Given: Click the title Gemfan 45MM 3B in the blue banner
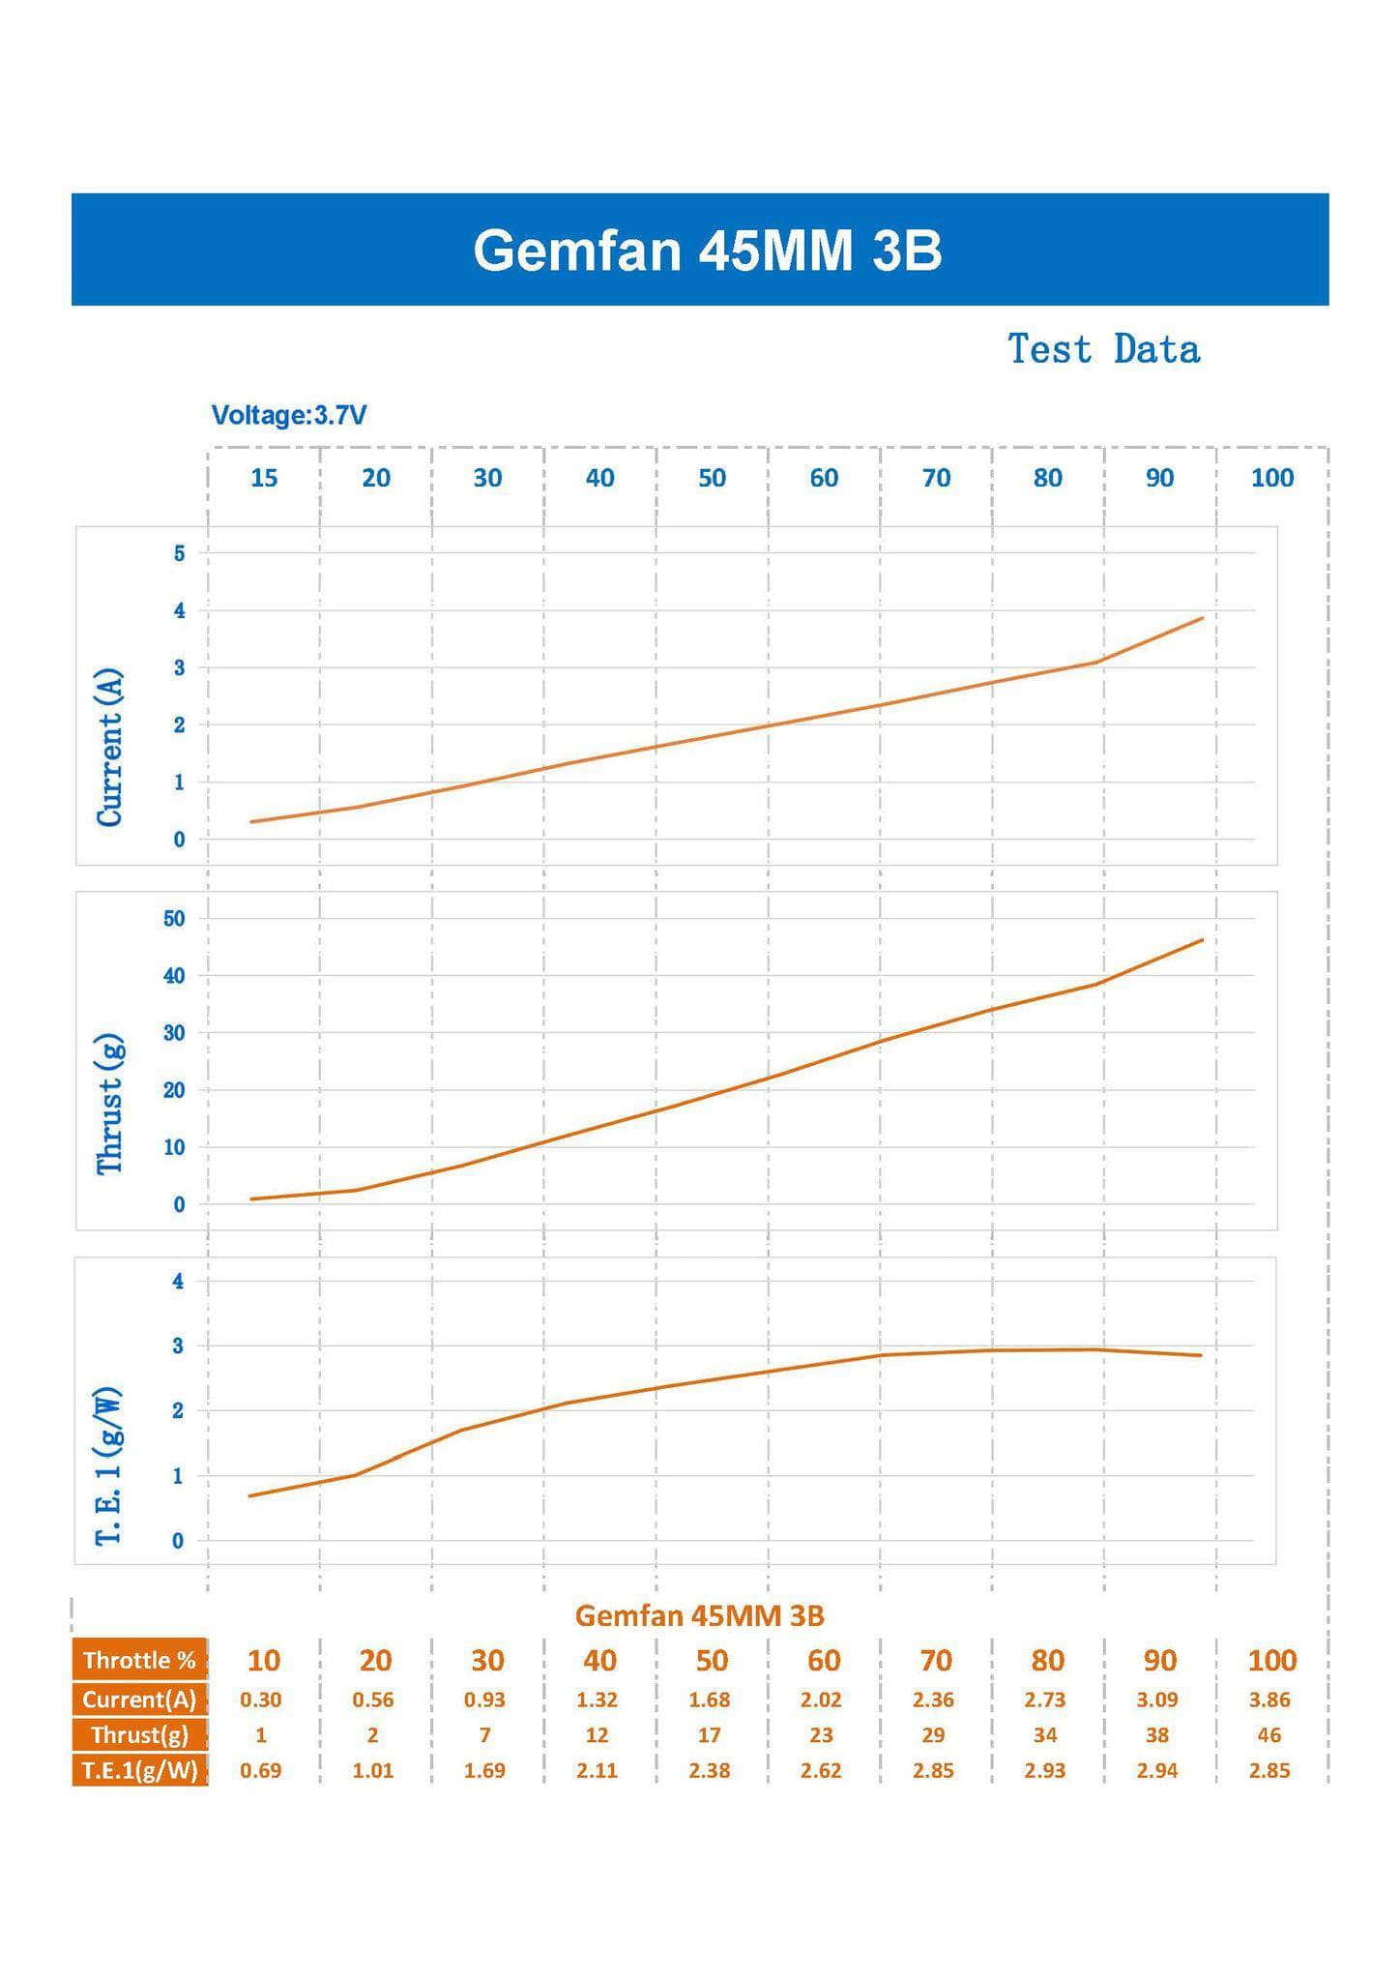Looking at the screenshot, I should coord(707,251).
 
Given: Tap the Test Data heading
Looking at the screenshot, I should coord(1103,349).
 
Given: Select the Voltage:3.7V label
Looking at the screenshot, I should coord(289,416).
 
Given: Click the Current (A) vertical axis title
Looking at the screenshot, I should coord(110,747).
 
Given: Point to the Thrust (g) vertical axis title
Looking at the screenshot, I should coord(110,1104).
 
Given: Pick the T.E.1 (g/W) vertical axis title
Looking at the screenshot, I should coord(109,1466).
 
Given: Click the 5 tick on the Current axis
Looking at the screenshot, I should coord(179,554).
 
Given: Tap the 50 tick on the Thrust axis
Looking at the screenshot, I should coord(174,919).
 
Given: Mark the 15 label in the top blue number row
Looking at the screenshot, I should coord(264,478).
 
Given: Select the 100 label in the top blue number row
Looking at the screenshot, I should coord(1271,478).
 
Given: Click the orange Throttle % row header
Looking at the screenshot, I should coord(139,1661).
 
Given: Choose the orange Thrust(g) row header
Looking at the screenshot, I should coord(139,1734).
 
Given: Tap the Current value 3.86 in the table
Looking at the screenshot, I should coord(1269,1700).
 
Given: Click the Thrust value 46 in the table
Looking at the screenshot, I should coord(1269,1735).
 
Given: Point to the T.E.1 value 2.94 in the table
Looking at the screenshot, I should coord(1157,1771).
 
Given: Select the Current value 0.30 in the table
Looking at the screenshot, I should coord(261,1700).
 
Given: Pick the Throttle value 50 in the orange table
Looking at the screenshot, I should coord(712,1661).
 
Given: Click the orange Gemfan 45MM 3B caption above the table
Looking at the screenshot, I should coord(699,1615).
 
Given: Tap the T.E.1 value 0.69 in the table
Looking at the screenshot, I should coord(261,1771).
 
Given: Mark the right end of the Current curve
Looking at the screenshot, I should coord(1202,618).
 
